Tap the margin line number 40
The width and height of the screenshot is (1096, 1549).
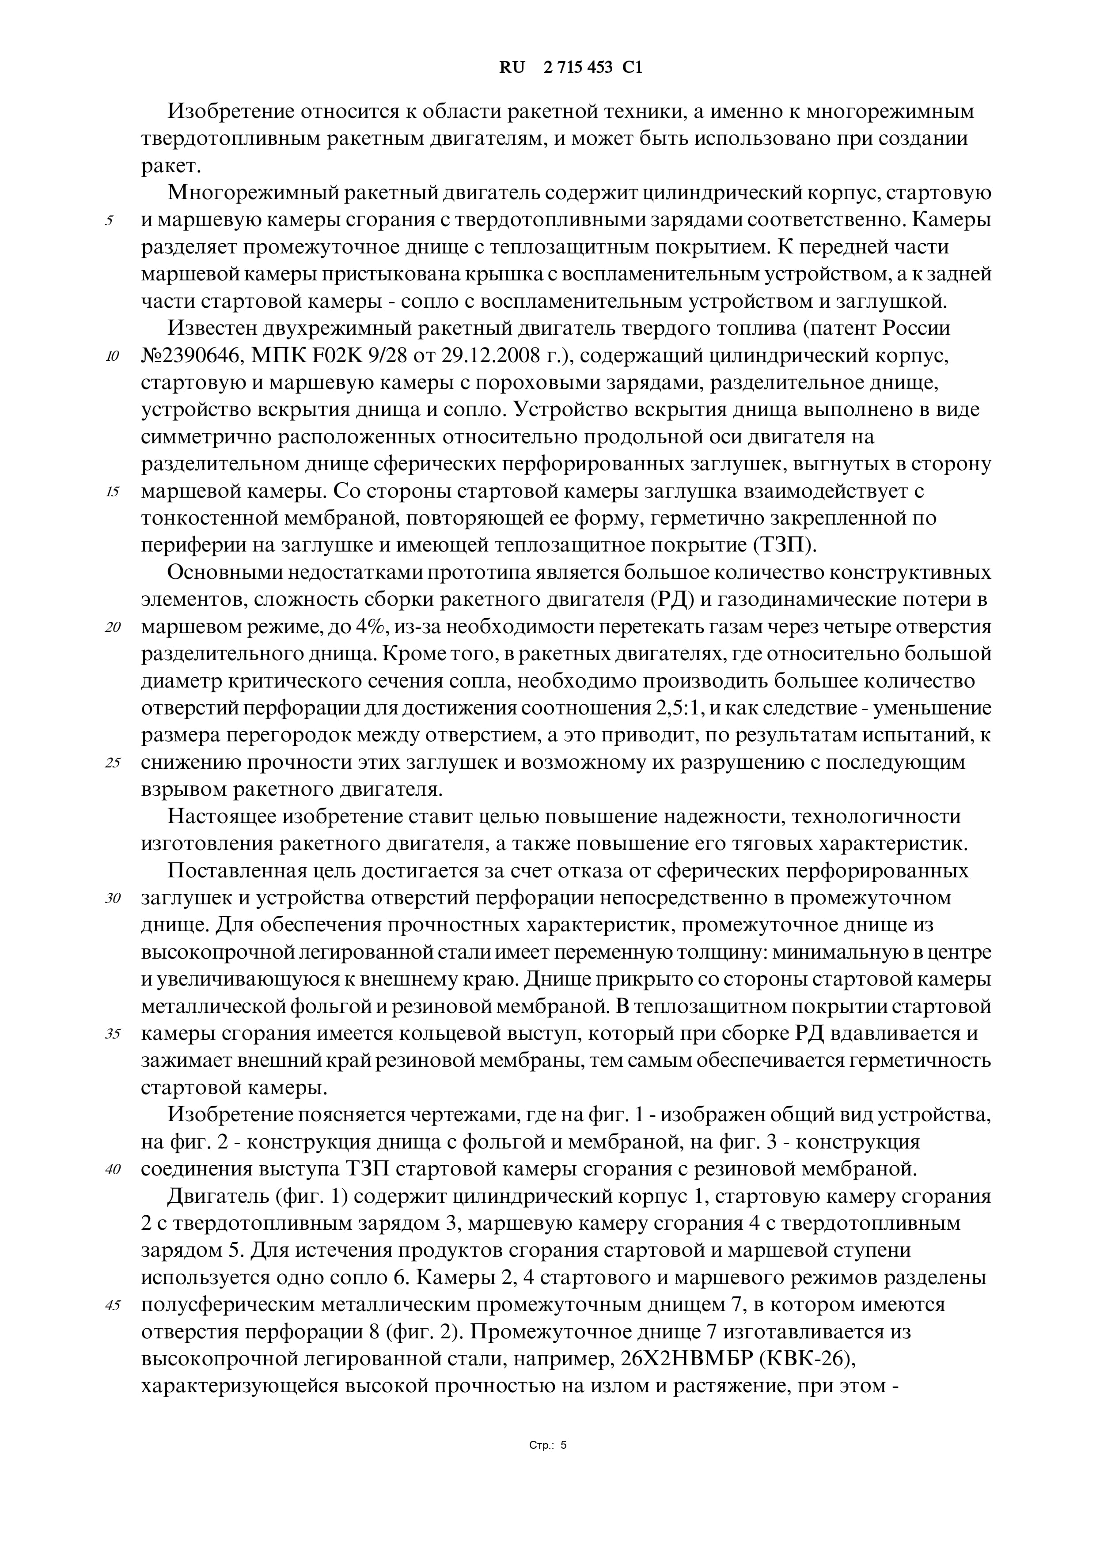pos(112,1170)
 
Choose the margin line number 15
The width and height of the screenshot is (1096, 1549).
pos(112,492)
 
